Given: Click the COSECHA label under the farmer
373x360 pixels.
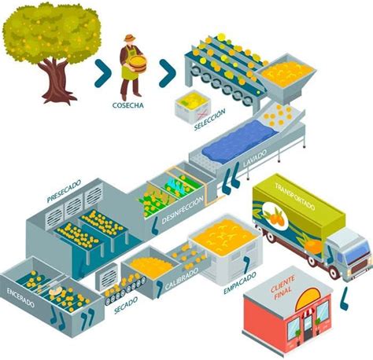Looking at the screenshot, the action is click(x=128, y=105).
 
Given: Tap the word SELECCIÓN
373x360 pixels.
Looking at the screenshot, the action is click(x=209, y=120).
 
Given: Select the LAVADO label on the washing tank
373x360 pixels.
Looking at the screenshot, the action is click(x=255, y=158).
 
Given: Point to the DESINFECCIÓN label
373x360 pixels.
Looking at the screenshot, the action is click(x=183, y=210).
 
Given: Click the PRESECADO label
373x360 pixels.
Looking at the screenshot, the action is click(x=64, y=191).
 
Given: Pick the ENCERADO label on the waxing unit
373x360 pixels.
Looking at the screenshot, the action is click(x=20, y=297).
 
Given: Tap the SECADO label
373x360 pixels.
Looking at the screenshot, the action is click(x=126, y=305).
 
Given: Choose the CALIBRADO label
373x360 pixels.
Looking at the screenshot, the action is click(x=182, y=279).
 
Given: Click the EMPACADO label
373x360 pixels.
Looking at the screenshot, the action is click(x=240, y=283).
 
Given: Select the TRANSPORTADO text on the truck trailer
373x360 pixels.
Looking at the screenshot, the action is click(x=294, y=197).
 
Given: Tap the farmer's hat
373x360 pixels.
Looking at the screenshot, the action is click(x=129, y=38).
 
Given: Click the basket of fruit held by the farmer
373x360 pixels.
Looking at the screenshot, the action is click(x=137, y=64).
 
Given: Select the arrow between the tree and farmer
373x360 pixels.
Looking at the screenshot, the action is click(x=102, y=73).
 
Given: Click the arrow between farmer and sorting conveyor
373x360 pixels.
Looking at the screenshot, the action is click(x=167, y=73).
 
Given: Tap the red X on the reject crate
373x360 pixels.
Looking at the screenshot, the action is click(x=201, y=115).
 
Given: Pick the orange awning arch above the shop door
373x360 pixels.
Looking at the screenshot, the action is click(x=308, y=298).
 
